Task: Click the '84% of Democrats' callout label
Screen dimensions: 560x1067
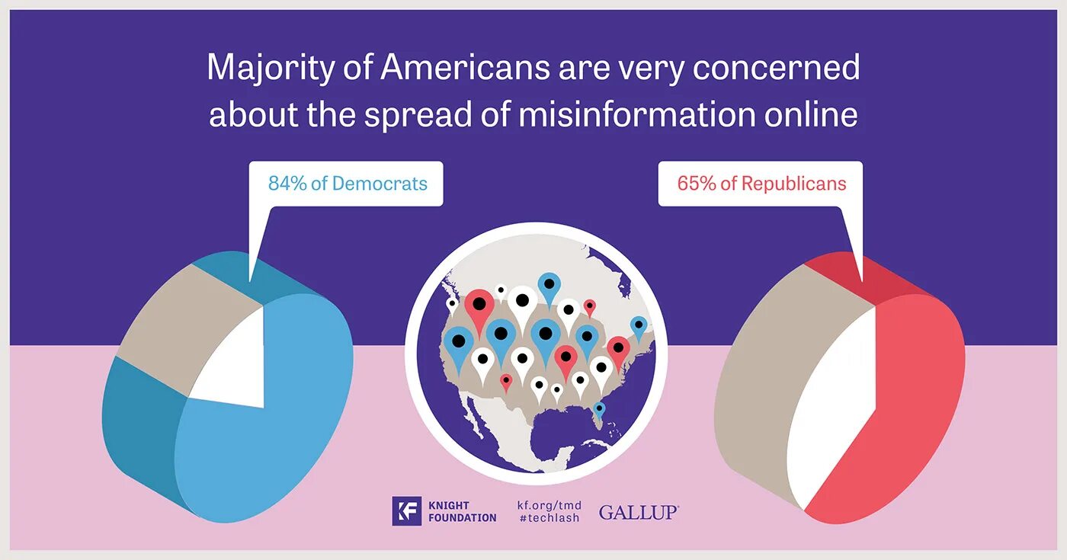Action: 347,184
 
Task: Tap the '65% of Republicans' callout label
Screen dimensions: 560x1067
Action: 761,184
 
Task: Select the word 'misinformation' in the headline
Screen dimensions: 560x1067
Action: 637,114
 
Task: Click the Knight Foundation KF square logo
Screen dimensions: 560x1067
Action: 406,511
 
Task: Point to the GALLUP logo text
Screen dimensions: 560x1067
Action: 638,512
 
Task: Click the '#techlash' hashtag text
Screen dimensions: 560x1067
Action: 548,518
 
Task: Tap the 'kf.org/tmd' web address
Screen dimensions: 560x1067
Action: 549,504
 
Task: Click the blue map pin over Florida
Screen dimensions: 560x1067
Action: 600,410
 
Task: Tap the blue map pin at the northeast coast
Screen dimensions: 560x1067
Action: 639,326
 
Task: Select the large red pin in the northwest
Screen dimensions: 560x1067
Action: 479,305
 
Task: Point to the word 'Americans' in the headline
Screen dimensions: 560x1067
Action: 465,68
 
